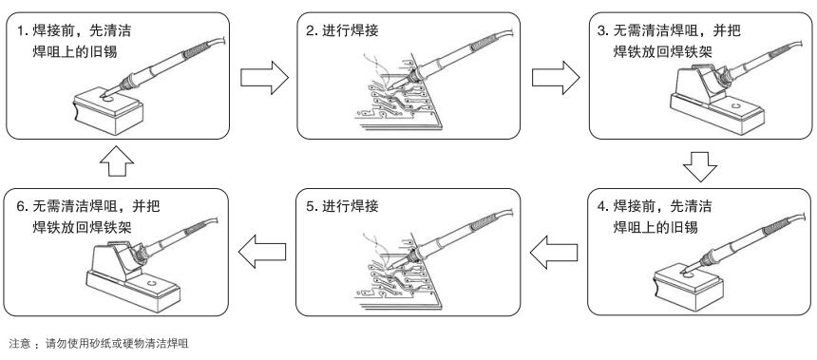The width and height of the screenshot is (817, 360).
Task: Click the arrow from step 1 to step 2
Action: point(264,78)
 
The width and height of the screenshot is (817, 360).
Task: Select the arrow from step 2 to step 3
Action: point(556,78)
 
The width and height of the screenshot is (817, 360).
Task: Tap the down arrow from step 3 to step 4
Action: point(700,166)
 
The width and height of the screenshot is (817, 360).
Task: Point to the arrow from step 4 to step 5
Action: point(554,253)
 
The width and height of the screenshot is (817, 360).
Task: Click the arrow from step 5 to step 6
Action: point(262,252)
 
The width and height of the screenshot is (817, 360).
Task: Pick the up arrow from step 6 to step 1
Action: point(117,161)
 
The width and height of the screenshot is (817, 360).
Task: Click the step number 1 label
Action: point(22,30)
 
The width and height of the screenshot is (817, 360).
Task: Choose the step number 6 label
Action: point(22,206)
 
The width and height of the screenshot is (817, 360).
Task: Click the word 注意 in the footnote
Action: point(20,343)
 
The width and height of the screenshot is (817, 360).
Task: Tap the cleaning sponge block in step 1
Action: point(108,110)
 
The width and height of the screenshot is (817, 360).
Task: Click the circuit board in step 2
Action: point(395,93)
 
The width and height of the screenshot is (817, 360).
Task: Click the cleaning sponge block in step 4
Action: point(688,286)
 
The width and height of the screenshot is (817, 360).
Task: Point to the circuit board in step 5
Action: point(395,272)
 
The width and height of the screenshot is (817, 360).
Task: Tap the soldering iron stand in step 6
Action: point(132,277)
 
